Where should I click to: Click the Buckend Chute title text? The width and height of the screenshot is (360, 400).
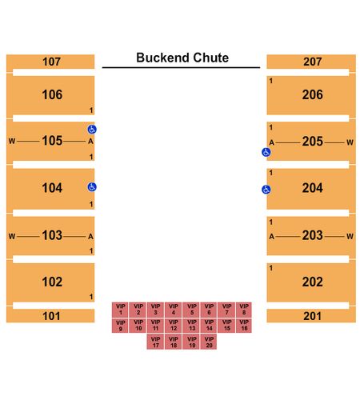coord(182,58)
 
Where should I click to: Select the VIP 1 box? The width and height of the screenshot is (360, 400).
coord(120,310)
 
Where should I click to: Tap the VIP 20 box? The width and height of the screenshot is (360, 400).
coord(209,342)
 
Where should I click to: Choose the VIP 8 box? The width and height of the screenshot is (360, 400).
coord(244,310)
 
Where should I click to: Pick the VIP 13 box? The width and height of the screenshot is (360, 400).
coord(191,326)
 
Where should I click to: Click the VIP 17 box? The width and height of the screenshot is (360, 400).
coord(155,342)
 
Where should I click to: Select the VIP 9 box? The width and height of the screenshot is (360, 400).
coord(120,326)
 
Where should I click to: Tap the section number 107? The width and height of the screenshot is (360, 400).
coord(51,62)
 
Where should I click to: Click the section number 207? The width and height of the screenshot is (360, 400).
coord(312,62)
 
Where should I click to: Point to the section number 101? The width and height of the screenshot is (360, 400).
coord(51,316)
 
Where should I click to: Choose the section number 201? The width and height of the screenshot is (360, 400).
coord(312,316)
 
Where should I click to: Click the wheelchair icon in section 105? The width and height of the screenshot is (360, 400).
coord(92,130)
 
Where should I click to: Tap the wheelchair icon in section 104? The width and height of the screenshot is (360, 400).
coord(92,187)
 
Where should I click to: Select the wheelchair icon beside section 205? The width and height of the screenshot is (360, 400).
coord(266,152)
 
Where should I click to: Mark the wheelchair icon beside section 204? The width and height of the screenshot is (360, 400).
coord(266,190)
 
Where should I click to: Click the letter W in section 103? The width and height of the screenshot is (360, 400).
coord(12,236)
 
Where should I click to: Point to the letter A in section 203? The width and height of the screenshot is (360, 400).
coord(271,236)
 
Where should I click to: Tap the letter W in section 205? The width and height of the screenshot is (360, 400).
coord(350,142)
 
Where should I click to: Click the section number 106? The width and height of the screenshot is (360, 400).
coord(52,94)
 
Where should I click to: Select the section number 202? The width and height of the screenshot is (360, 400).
coord(312,282)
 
